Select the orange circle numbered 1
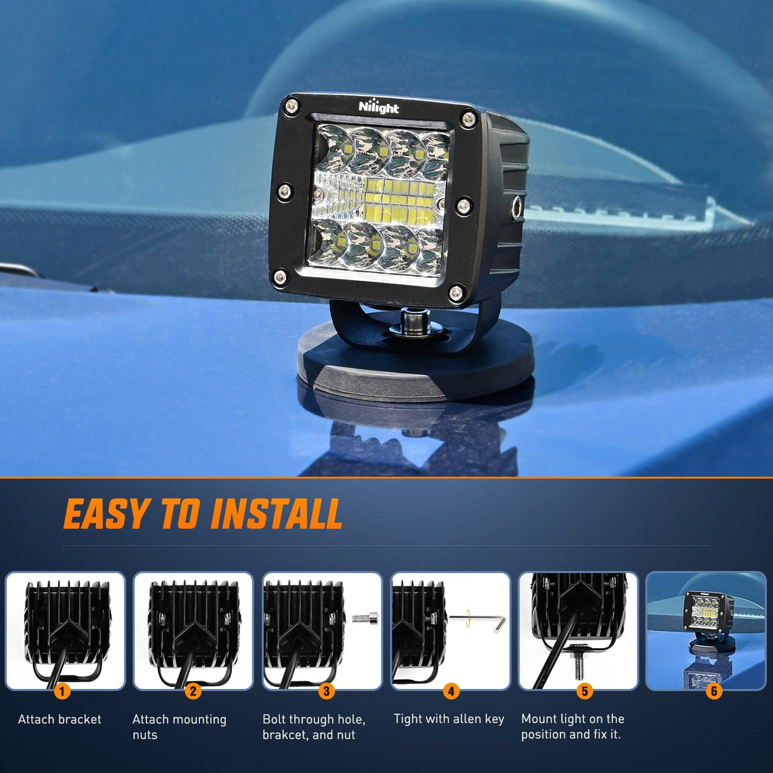point(62,691)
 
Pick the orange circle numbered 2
point(193,691)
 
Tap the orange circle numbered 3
point(326,691)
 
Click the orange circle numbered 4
point(451,691)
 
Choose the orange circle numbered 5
point(585,691)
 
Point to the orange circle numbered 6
point(714,691)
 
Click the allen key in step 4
point(478,621)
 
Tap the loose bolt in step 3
point(365,618)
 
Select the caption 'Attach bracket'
point(59,720)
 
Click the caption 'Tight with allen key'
point(448,720)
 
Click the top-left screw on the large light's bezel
point(292,106)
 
